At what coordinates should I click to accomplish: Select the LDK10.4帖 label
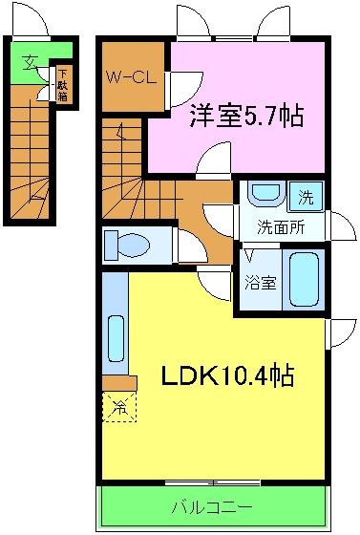(x=225, y=374)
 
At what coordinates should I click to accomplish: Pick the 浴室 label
(x=260, y=283)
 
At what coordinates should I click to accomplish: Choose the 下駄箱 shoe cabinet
(x=61, y=82)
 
